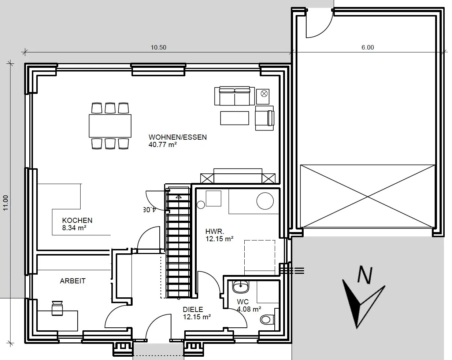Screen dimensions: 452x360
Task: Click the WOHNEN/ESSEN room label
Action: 178,137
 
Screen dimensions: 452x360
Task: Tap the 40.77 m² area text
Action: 163,145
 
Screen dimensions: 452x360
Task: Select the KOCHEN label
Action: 77,220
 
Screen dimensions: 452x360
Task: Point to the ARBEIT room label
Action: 73,281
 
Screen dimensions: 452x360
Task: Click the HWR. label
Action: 215,232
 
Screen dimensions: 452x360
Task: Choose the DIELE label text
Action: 193,309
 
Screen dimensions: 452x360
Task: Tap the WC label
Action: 243,302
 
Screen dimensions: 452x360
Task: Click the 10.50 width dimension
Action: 158,47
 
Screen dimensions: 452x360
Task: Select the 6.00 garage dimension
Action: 367,47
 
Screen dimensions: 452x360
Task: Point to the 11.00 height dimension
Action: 5,203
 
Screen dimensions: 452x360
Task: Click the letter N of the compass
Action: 365,274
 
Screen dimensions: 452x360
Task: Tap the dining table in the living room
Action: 110,126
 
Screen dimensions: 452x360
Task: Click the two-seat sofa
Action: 235,96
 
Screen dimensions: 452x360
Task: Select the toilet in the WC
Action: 267,320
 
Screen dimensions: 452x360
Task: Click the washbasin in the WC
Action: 241,287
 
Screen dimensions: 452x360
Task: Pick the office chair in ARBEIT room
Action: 58,308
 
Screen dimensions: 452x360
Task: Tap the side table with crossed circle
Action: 263,96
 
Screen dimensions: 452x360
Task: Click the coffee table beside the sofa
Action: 235,118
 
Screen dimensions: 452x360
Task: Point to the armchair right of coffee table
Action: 265,118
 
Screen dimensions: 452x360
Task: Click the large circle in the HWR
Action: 265,201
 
